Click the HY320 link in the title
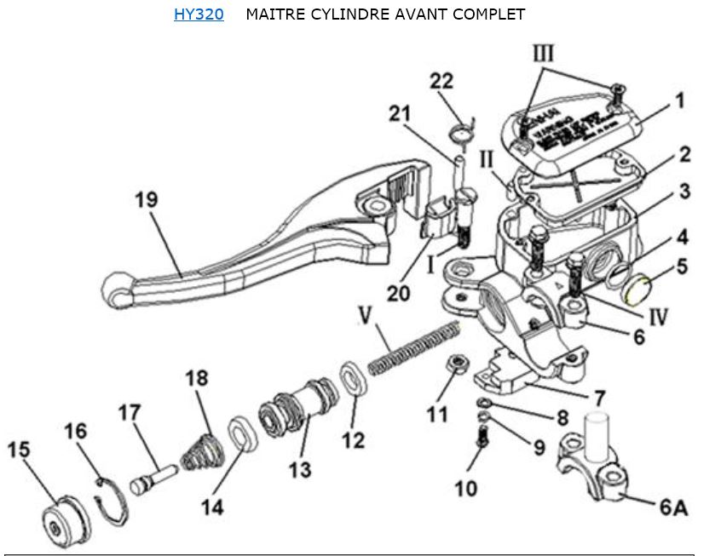(199, 14)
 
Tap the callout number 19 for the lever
(146, 201)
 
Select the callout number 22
(441, 81)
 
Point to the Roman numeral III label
(544, 54)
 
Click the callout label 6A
(672, 508)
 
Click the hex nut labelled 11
(457, 364)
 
